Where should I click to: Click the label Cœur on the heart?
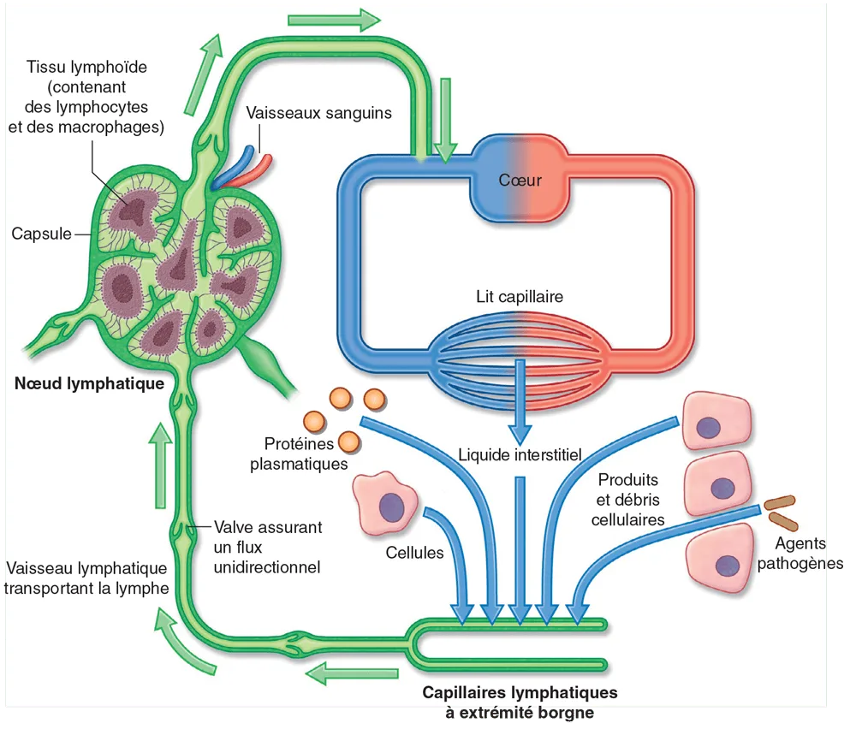[x=520, y=180]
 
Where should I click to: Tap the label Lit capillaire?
[x=520, y=297]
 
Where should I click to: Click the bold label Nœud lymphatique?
[x=89, y=383]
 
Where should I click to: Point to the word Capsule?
[x=41, y=233]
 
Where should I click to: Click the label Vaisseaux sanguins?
[x=318, y=113]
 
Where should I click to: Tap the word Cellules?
[x=414, y=553]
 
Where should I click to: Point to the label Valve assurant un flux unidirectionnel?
[x=267, y=547]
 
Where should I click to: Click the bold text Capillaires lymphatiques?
[x=520, y=692]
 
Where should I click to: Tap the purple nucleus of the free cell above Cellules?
[x=393, y=505]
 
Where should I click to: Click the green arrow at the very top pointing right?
[x=335, y=18]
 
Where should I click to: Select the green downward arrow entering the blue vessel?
[x=443, y=120]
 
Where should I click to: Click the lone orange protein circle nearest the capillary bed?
[x=374, y=398]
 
